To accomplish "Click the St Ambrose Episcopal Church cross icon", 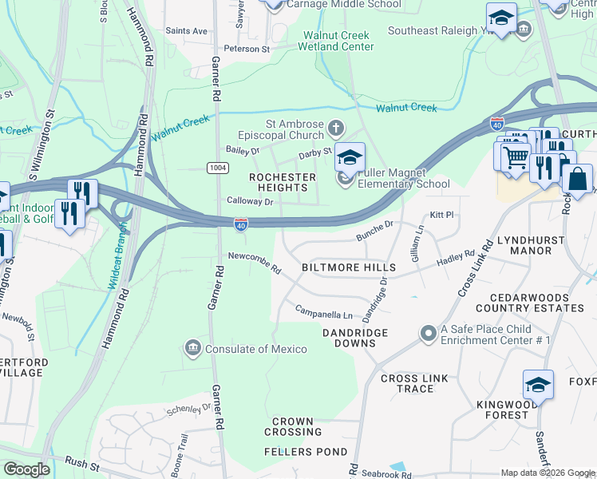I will [x=336, y=127].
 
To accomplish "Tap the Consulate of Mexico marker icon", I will [x=193, y=348].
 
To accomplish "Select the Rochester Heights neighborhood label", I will [x=283, y=182].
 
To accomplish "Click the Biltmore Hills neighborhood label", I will [x=348, y=267].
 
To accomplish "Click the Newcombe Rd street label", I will [x=255, y=260].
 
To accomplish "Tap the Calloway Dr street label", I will [x=250, y=202].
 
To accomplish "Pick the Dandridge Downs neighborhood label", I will [x=355, y=338].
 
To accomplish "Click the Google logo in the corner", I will [x=26, y=469].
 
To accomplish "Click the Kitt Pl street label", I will [x=441, y=215].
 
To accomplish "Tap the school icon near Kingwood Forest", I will [x=538, y=385].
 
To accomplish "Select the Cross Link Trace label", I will [x=407, y=384].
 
